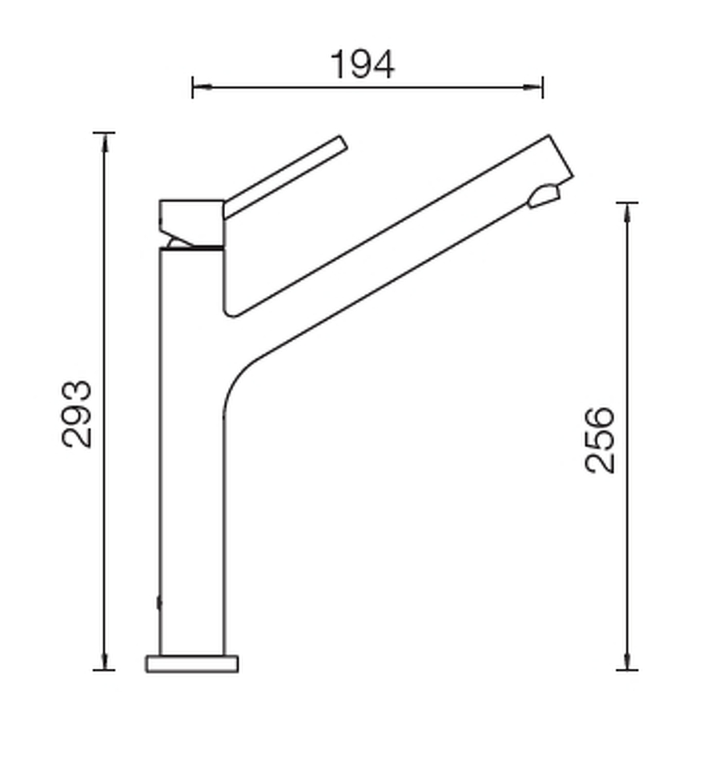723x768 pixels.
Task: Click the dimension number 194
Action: [362, 64]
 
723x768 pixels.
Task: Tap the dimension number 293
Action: [77, 414]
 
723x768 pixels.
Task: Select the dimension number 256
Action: [600, 440]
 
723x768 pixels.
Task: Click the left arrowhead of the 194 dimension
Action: [203, 87]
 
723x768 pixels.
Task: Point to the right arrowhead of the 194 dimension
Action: [532, 87]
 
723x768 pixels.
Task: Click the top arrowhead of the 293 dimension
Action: [104, 142]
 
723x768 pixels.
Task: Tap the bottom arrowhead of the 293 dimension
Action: [104, 661]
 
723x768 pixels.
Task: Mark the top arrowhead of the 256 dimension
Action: [627, 212]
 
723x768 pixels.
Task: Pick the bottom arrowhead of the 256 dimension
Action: [627, 661]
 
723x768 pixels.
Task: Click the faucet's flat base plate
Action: [192, 664]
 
